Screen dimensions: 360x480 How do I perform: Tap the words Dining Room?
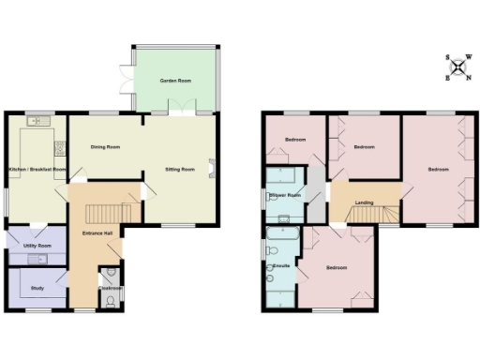(x=105, y=147)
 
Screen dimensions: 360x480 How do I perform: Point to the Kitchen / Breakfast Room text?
(x=37, y=169)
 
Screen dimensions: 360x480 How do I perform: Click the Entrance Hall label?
(x=97, y=232)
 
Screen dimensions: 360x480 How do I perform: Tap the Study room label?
(x=37, y=288)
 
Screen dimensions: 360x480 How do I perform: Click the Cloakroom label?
(x=110, y=289)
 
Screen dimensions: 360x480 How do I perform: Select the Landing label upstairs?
(x=365, y=201)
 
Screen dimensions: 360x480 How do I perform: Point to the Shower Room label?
(x=285, y=195)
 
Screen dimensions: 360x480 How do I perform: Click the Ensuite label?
(x=278, y=266)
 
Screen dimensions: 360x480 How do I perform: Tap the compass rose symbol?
(x=458, y=67)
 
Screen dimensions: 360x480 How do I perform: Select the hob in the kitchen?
(x=59, y=146)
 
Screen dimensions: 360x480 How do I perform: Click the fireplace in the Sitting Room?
(x=213, y=169)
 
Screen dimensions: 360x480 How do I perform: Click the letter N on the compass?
(x=468, y=77)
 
